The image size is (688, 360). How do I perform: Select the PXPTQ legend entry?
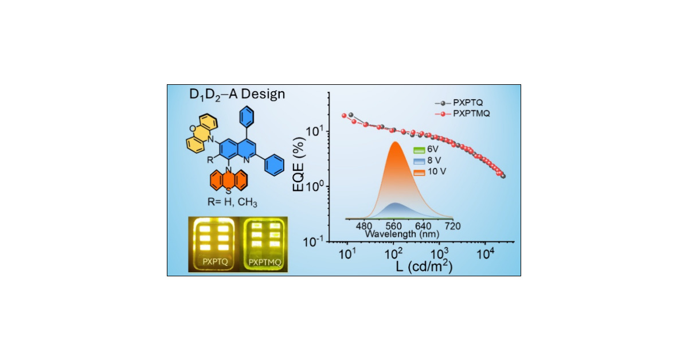coord(468,103)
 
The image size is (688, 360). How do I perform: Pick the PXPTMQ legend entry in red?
coord(470,114)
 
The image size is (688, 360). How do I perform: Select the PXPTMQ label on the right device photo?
coord(264,263)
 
